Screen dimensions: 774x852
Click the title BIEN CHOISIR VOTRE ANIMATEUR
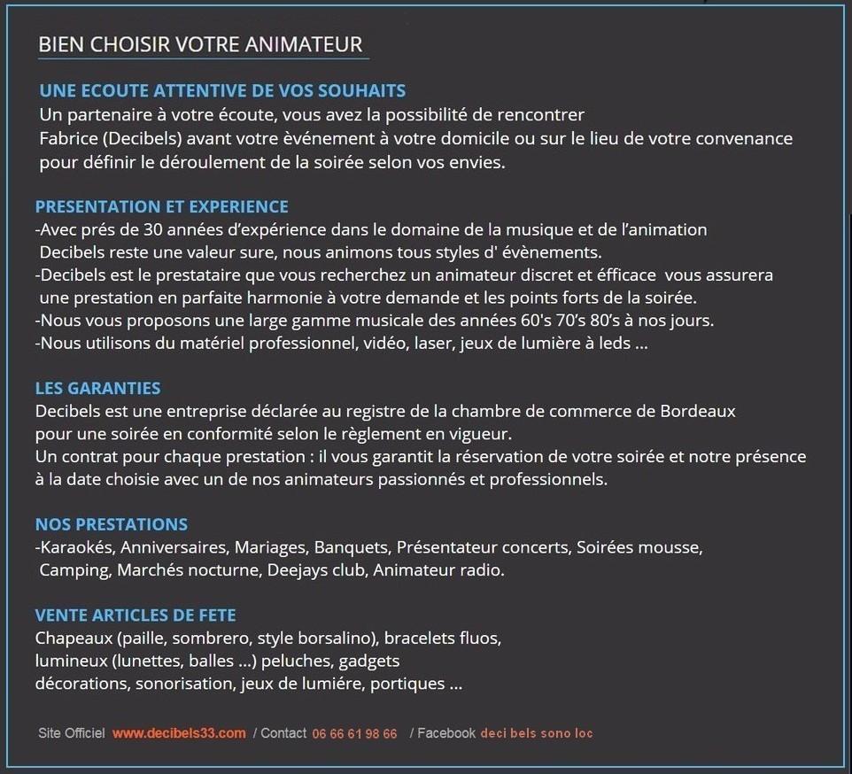[200, 44]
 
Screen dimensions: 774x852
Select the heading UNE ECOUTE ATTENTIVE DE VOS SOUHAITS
[222, 91]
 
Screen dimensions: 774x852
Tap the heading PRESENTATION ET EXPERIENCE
[161, 207]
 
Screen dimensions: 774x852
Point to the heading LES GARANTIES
[97, 388]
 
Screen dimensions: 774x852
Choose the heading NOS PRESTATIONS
[111, 524]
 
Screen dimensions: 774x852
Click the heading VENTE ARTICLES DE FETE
[136, 615]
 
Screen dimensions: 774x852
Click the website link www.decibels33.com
[179, 733]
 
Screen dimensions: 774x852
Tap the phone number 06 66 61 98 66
[354, 734]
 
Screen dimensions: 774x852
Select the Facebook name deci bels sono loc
[537, 733]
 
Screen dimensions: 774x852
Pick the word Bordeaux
[698, 411]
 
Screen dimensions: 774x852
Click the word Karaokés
[77, 547]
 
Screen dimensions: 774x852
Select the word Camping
[74, 570]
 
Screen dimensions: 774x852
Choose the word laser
[433, 343]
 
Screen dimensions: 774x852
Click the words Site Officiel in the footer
[71, 733]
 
